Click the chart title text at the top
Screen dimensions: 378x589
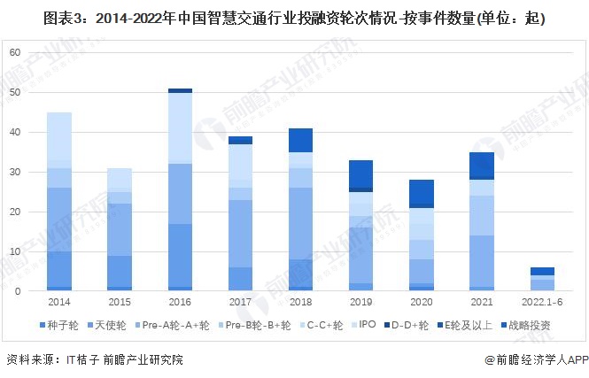pyautogui.click(x=294, y=17)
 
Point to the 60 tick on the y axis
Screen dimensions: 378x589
pyautogui.click(x=14, y=52)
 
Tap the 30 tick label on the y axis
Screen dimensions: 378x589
pyautogui.click(x=14, y=172)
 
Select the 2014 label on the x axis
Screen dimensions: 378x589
pyautogui.click(x=59, y=302)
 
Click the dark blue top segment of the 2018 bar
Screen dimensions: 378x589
pyautogui.click(x=301, y=140)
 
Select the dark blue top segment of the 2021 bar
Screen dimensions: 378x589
pyautogui.click(x=483, y=165)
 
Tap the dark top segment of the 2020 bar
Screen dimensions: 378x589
pyautogui.click(x=422, y=192)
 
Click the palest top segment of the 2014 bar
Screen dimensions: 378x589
pyautogui.click(x=59, y=135)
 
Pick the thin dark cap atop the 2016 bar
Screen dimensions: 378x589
pyautogui.click(x=181, y=90)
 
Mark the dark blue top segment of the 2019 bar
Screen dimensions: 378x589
pyautogui.click(x=361, y=174)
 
